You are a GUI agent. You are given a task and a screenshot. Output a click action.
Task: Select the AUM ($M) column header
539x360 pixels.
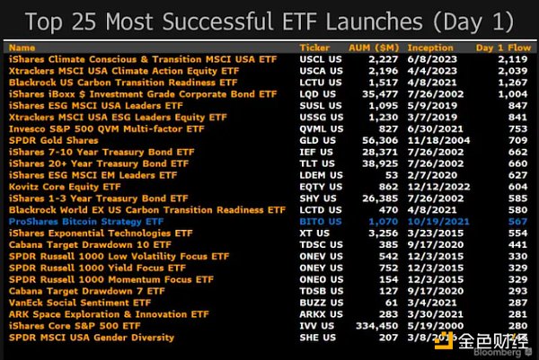pyautogui.click(x=374, y=47)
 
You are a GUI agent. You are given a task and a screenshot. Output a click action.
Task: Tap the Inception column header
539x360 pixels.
pyautogui.click(x=432, y=47)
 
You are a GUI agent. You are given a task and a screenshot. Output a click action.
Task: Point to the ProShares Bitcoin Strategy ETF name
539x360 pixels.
pyautogui.click(x=86, y=221)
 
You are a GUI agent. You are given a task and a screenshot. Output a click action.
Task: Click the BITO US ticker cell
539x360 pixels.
pyautogui.click(x=320, y=221)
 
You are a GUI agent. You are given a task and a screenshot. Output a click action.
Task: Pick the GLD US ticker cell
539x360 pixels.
pyautogui.click(x=317, y=139)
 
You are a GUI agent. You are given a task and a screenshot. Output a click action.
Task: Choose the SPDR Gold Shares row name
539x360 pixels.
pyautogui.click(x=54, y=139)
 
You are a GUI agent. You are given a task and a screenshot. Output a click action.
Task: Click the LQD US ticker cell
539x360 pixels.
pyautogui.click(x=317, y=92)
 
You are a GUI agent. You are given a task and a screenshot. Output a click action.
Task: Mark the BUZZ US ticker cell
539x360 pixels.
pyautogui.click(x=320, y=303)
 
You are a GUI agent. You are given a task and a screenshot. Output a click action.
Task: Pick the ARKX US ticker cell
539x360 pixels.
pyautogui.click(x=320, y=314)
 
